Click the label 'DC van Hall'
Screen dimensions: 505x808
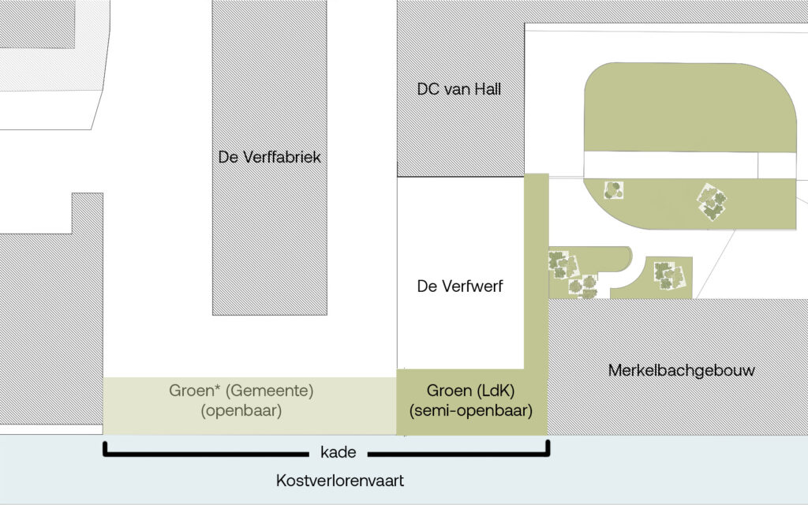(x=458, y=90)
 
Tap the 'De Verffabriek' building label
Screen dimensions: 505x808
(x=270, y=158)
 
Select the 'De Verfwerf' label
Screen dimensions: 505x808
(x=459, y=286)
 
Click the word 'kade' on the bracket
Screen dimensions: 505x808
(x=339, y=453)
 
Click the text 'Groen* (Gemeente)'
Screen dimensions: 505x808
(x=241, y=390)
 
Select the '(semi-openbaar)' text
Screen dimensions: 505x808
(x=471, y=410)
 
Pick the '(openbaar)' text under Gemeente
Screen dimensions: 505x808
(x=241, y=410)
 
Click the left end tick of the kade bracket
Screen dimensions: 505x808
(x=105, y=449)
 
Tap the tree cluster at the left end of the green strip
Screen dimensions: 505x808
(x=613, y=190)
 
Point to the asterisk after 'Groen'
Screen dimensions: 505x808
(x=208, y=387)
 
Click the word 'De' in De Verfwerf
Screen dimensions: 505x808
(x=427, y=286)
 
